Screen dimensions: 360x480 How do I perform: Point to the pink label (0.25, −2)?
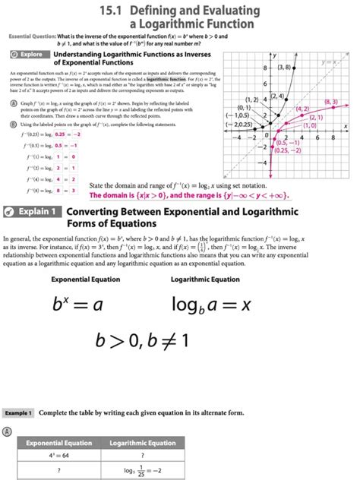[291, 150]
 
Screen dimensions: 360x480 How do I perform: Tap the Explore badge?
[27, 55]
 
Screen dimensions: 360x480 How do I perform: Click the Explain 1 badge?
[32, 211]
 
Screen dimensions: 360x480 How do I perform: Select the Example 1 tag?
[18, 412]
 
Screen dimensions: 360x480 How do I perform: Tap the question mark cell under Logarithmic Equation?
[143, 455]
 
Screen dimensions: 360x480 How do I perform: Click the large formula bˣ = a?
[83, 306]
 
